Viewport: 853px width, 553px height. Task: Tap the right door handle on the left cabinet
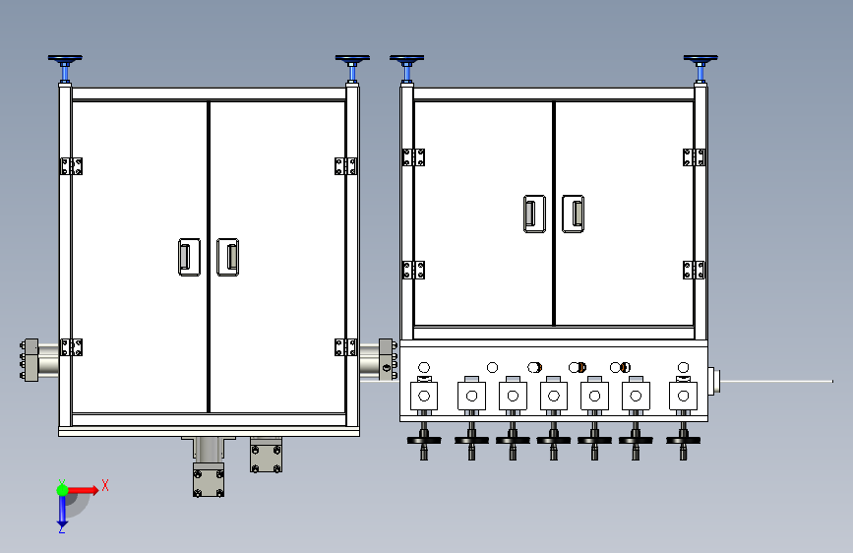(x=227, y=257)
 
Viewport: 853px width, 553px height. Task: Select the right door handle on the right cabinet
(x=573, y=214)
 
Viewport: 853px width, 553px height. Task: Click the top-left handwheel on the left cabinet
(x=65, y=60)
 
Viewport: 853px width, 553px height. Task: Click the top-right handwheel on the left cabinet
(x=351, y=60)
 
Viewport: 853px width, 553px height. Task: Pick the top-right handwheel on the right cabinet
(x=701, y=60)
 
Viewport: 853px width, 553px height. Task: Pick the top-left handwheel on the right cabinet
(x=406, y=60)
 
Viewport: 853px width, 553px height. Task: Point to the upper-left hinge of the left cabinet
(x=71, y=165)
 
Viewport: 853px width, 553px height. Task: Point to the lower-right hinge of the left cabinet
(x=345, y=346)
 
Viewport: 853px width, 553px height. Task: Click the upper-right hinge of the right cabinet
(x=695, y=156)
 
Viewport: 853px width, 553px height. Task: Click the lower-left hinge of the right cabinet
(x=413, y=269)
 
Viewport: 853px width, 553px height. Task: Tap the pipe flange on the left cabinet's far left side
(x=29, y=359)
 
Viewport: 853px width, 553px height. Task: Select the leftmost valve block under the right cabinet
(x=424, y=396)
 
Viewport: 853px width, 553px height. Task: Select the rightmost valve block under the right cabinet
(x=683, y=396)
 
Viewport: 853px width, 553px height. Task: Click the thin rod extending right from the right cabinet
(x=777, y=381)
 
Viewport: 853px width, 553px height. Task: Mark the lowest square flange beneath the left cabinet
(x=208, y=481)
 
